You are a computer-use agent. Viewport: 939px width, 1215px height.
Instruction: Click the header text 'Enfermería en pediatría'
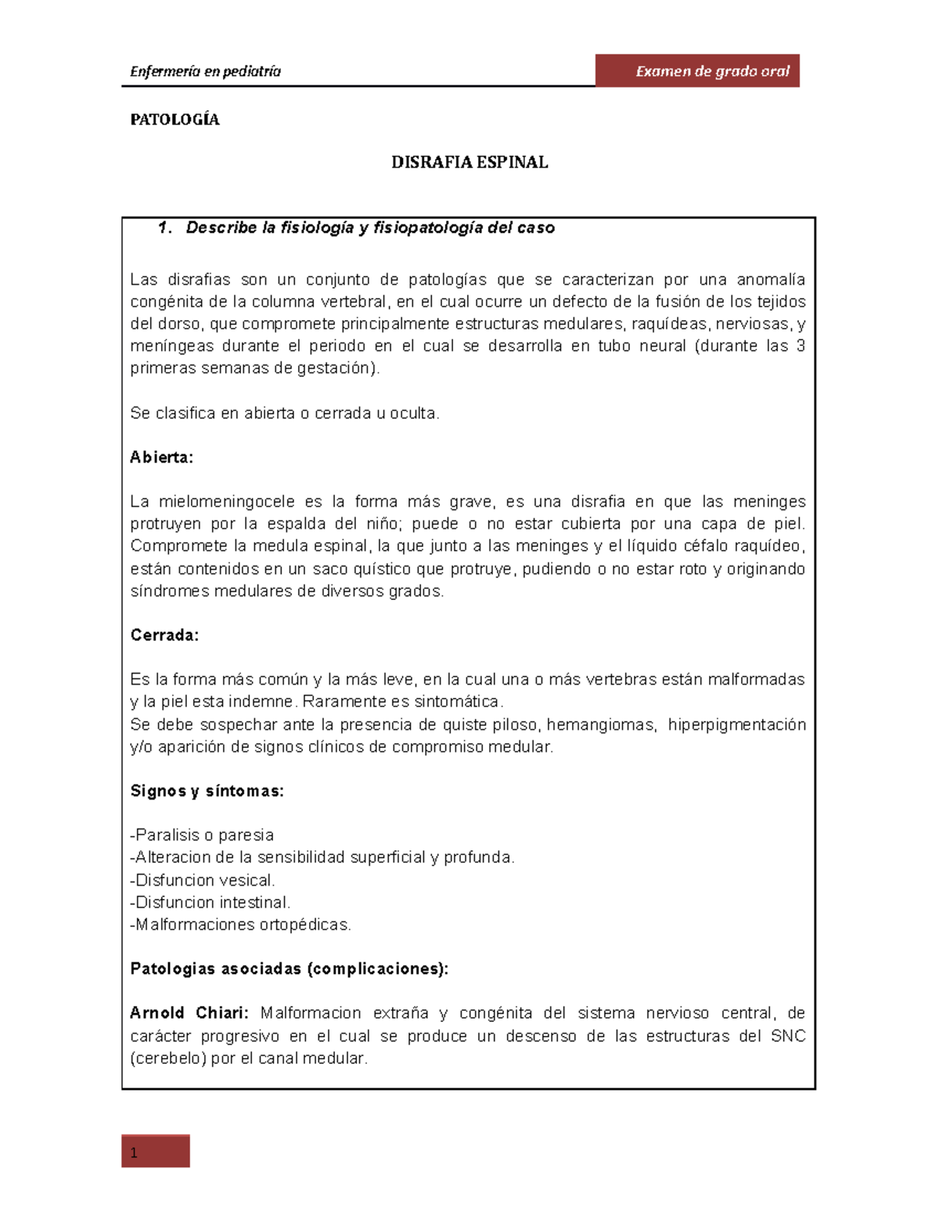[x=205, y=71]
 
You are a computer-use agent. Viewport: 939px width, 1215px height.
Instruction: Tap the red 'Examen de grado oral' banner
[x=697, y=71]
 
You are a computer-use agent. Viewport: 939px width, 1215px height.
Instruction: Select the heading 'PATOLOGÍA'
[x=174, y=120]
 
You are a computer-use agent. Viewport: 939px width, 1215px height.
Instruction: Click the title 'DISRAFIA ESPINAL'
[x=469, y=162]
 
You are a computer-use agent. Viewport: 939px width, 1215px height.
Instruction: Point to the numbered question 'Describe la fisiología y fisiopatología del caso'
[x=369, y=228]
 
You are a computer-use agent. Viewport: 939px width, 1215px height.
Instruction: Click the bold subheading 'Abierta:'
[x=161, y=458]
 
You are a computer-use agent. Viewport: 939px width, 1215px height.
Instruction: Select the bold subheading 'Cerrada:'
[x=164, y=635]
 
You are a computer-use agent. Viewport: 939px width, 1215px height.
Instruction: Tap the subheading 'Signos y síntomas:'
[x=207, y=791]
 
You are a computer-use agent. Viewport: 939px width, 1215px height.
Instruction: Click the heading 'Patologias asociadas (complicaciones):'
[x=290, y=969]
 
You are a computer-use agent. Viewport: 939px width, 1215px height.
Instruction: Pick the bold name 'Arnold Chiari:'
[x=189, y=1013]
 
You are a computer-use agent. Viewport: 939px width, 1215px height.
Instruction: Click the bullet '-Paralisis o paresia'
[x=202, y=835]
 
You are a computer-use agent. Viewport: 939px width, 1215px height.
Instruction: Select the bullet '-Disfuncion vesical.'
[x=203, y=880]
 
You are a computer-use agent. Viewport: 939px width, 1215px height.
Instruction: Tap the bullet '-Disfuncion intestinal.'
[x=210, y=902]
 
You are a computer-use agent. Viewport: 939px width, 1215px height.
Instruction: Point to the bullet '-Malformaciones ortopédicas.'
[x=240, y=925]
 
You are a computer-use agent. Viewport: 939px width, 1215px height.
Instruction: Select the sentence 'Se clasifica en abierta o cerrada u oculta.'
[x=285, y=413]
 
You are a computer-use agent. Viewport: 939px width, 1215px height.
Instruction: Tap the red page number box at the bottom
[x=156, y=1151]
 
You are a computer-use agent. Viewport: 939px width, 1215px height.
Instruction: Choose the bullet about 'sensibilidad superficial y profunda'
[x=322, y=857]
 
